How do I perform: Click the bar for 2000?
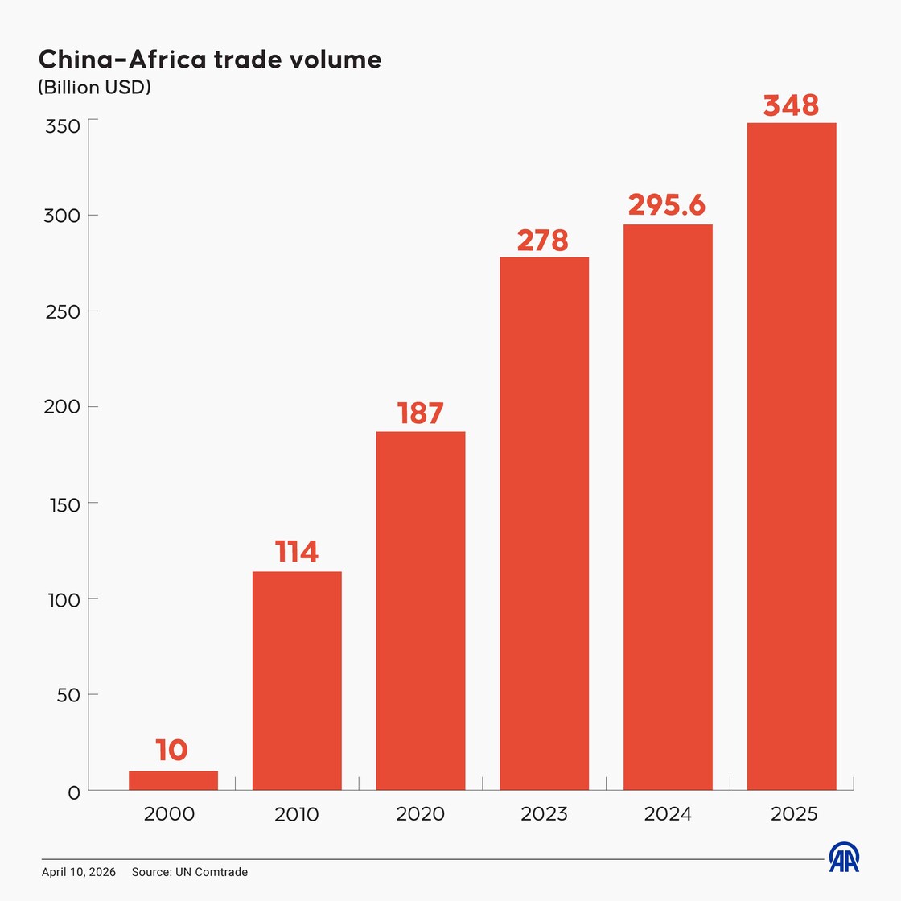[x=173, y=780]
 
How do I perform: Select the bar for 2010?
[x=297, y=681]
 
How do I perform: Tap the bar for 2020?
[x=421, y=611]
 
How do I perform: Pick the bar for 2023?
[x=544, y=523]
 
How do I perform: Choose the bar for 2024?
[x=668, y=507]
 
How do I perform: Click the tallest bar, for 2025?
[x=792, y=456]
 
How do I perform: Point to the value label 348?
[x=791, y=105]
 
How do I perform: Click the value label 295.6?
[x=667, y=205]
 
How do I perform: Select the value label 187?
[x=421, y=413]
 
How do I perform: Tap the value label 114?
[x=297, y=552]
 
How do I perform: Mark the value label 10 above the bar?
[x=171, y=751]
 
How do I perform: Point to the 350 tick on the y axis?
[x=62, y=126]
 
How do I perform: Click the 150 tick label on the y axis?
[x=62, y=504]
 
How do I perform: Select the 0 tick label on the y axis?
[x=74, y=793]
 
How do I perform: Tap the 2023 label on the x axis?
[x=544, y=814]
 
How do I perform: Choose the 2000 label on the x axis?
[x=169, y=814]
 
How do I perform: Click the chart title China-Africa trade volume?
[x=210, y=60]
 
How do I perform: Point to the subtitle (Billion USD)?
[x=94, y=87]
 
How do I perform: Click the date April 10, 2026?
[x=79, y=872]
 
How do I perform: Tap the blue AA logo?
[x=844, y=858]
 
